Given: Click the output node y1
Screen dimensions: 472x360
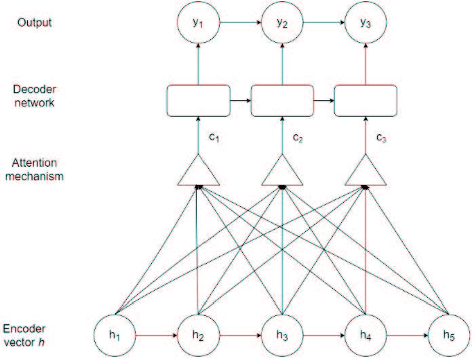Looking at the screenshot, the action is (x=199, y=22).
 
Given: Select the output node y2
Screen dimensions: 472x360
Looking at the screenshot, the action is (x=282, y=22).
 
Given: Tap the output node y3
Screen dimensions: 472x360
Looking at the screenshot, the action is (x=366, y=22).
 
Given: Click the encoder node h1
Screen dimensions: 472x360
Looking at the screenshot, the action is (x=115, y=336).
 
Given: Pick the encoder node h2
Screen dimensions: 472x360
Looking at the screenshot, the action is (x=199, y=336).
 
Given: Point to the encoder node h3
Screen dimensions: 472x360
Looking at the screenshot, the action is (x=282, y=336).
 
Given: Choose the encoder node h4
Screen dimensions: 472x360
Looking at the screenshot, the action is (x=366, y=336).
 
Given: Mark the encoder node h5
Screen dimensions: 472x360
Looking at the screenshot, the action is (x=449, y=336).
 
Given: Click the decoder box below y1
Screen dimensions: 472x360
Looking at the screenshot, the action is (x=199, y=100).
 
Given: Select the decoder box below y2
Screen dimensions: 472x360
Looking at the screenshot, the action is (x=282, y=100).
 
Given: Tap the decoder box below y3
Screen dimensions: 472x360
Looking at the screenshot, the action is (x=366, y=100).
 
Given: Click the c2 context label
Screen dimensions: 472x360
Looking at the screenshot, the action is (x=298, y=138).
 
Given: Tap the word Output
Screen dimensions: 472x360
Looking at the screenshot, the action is (x=35, y=22).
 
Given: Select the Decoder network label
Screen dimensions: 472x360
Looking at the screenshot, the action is (x=35, y=96).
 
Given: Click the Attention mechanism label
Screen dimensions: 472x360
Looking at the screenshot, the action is (x=35, y=169).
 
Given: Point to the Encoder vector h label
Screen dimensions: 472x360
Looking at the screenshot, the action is (x=24, y=336).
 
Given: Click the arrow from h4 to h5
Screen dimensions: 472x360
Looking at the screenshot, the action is (x=408, y=336).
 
